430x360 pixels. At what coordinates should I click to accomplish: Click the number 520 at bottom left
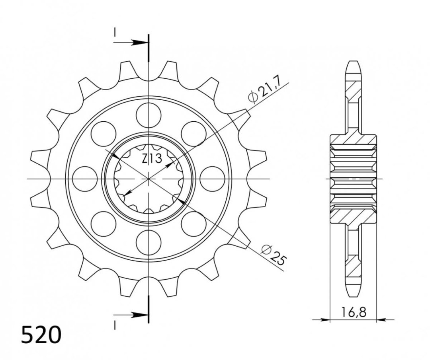pos(41,335)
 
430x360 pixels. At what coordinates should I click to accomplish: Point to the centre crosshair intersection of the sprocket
pos(149,179)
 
